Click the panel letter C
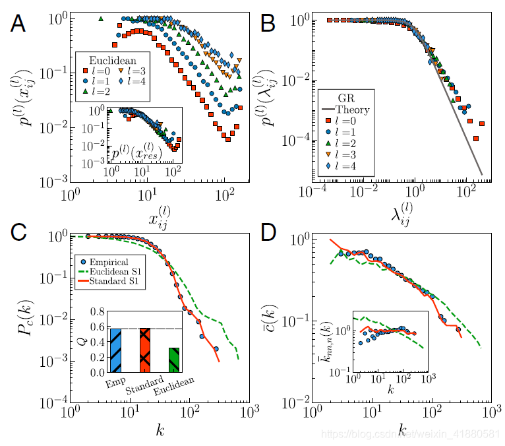coord(18,233)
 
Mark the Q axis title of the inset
coord(81,340)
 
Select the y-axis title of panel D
coord(280,318)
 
